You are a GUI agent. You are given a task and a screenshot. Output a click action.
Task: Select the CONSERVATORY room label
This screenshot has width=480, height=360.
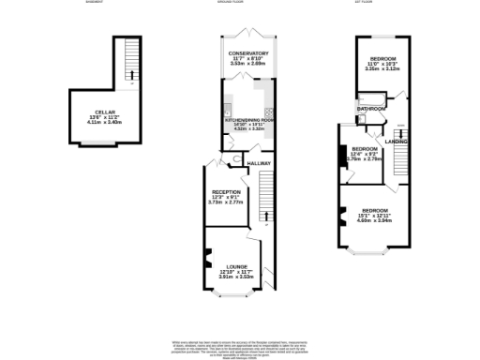249,53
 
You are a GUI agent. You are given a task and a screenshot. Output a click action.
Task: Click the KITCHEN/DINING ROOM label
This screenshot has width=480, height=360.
248,121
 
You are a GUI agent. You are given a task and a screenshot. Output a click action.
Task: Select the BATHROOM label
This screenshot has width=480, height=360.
370,109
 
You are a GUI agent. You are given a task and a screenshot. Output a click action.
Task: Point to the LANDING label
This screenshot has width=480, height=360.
395,142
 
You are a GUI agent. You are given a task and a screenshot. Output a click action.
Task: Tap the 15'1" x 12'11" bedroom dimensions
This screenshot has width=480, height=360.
374,216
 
